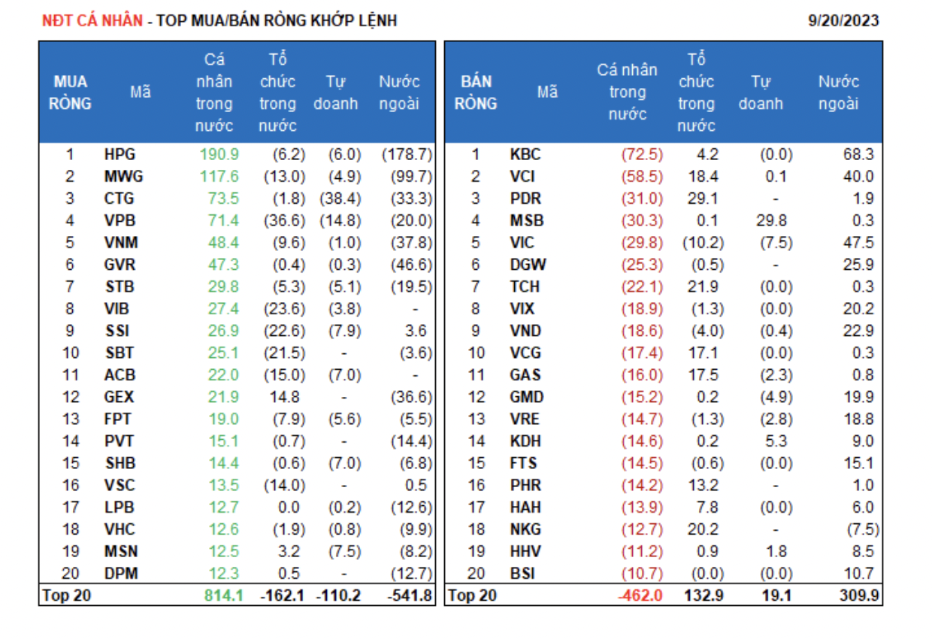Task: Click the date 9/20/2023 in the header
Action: point(843,20)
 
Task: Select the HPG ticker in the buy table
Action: point(120,155)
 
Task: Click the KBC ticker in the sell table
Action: point(525,155)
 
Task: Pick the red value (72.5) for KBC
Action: point(642,155)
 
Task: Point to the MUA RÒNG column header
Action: point(70,92)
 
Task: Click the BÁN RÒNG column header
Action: point(476,92)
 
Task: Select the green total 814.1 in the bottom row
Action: point(224,596)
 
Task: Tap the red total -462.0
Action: point(641,596)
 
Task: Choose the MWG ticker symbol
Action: point(123,177)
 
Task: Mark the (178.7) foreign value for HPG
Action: point(407,155)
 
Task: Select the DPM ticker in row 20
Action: point(121,574)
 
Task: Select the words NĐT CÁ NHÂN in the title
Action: point(92,20)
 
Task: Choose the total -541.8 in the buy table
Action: point(410,596)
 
